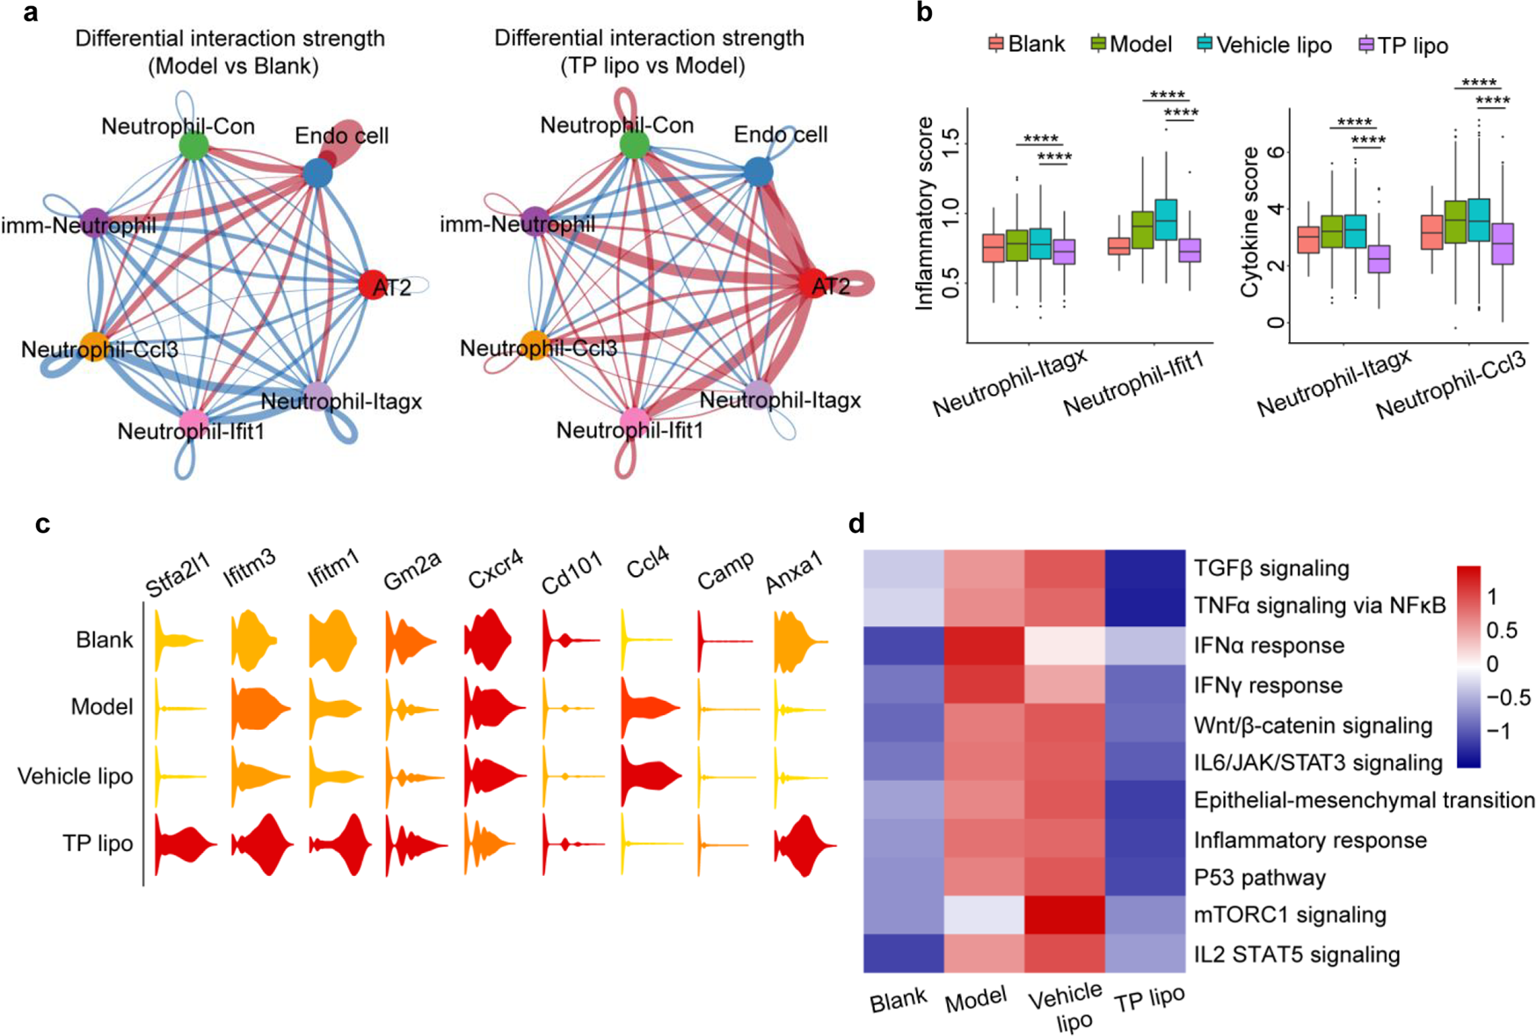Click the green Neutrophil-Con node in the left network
[x=193, y=146]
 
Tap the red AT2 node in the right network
[x=812, y=284]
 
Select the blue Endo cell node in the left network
[x=317, y=173]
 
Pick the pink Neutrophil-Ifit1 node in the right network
[x=634, y=421]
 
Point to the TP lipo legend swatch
[x=1365, y=45]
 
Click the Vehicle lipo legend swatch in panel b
[x=1205, y=44]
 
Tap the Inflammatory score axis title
[x=924, y=214]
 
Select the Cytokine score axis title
[x=1249, y=223]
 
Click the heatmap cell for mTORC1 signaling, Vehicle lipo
[x=1064, y=916]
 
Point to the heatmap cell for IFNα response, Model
[x=984, y=646]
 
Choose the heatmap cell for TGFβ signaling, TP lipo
[x=1145, y=569]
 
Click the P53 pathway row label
[x=1259, y=878]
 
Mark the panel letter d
[x=856, y=524]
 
